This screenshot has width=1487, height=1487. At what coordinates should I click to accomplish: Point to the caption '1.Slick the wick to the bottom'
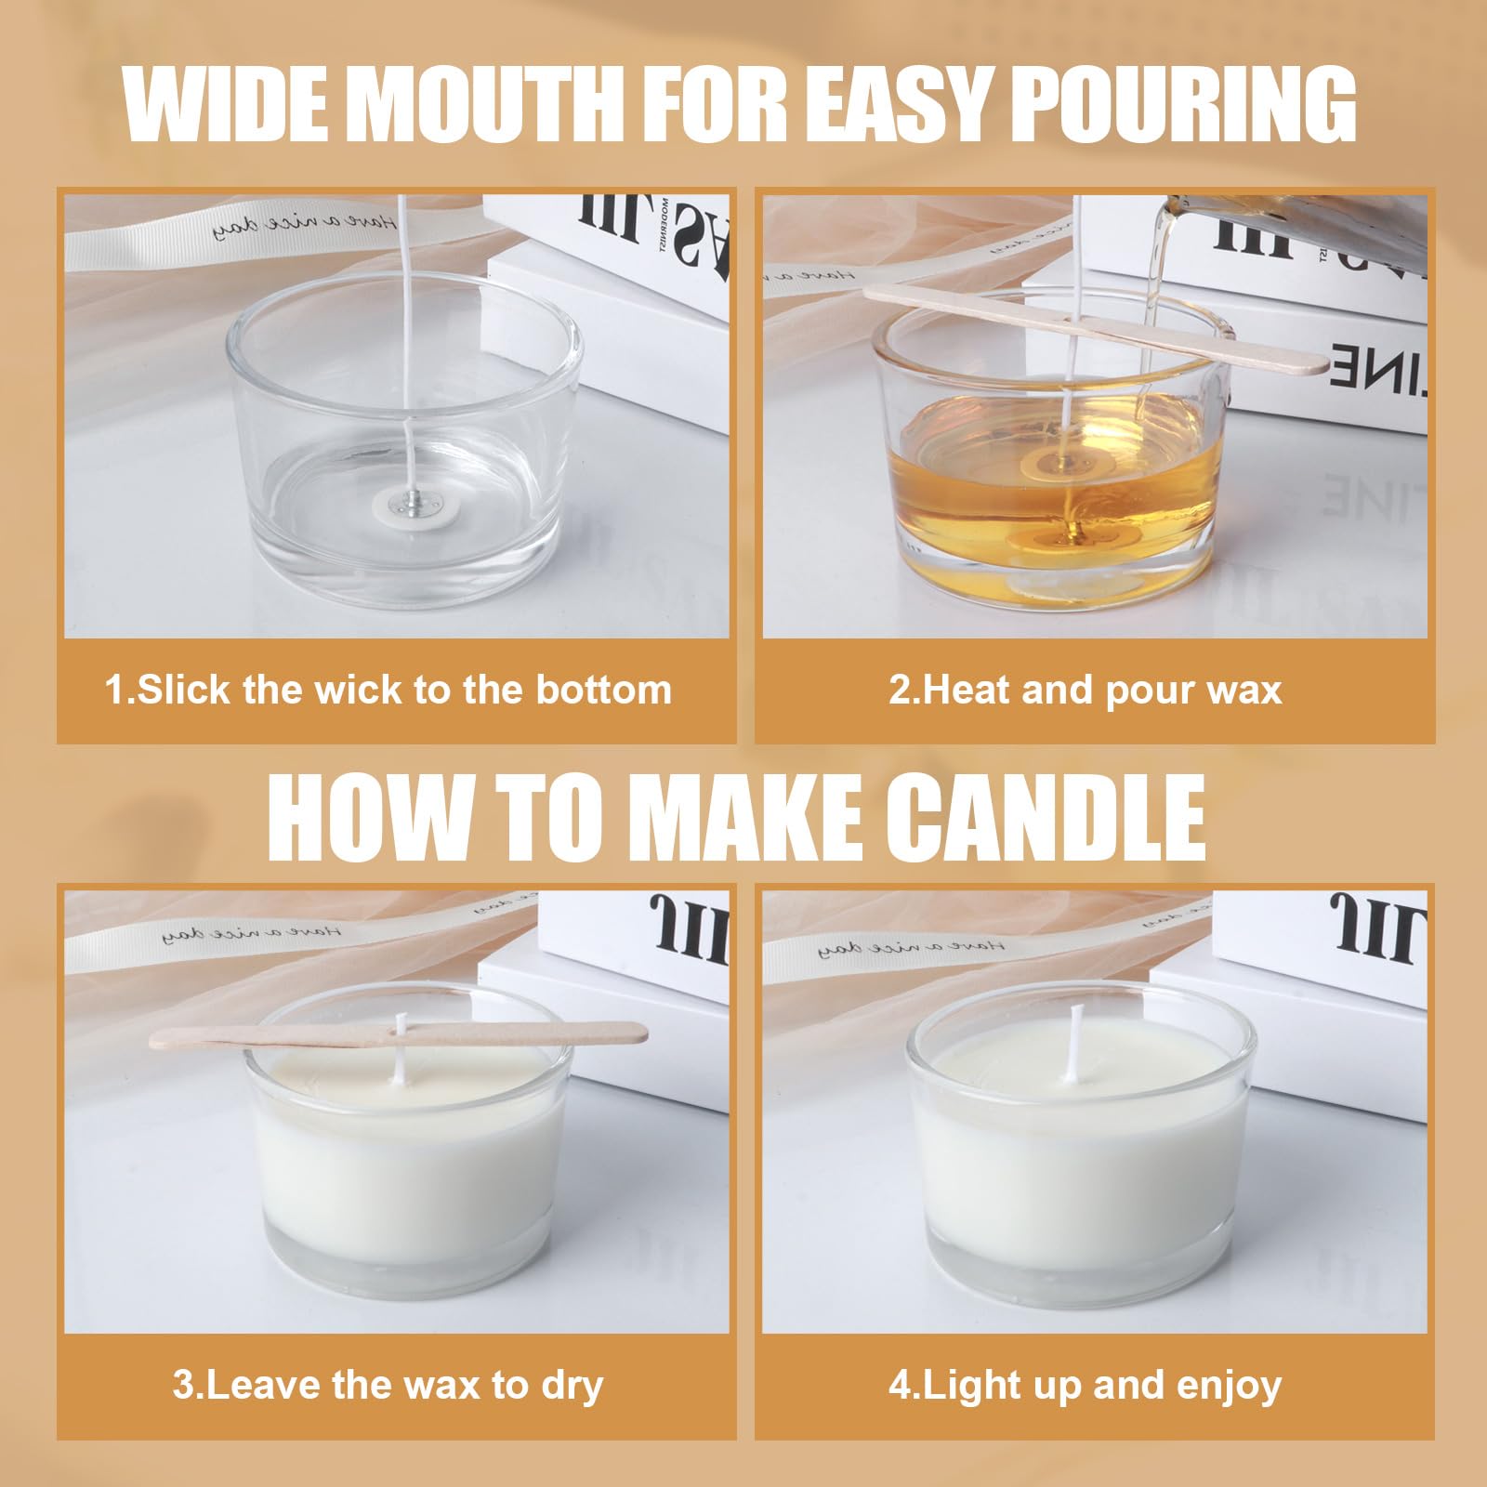pos(388,691)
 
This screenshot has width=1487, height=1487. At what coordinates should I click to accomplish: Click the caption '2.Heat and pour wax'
pos(1085,691)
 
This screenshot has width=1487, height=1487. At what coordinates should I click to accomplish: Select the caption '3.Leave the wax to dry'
pos(388,1386)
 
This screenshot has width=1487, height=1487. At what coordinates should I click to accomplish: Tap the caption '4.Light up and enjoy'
pos(1085,1386)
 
